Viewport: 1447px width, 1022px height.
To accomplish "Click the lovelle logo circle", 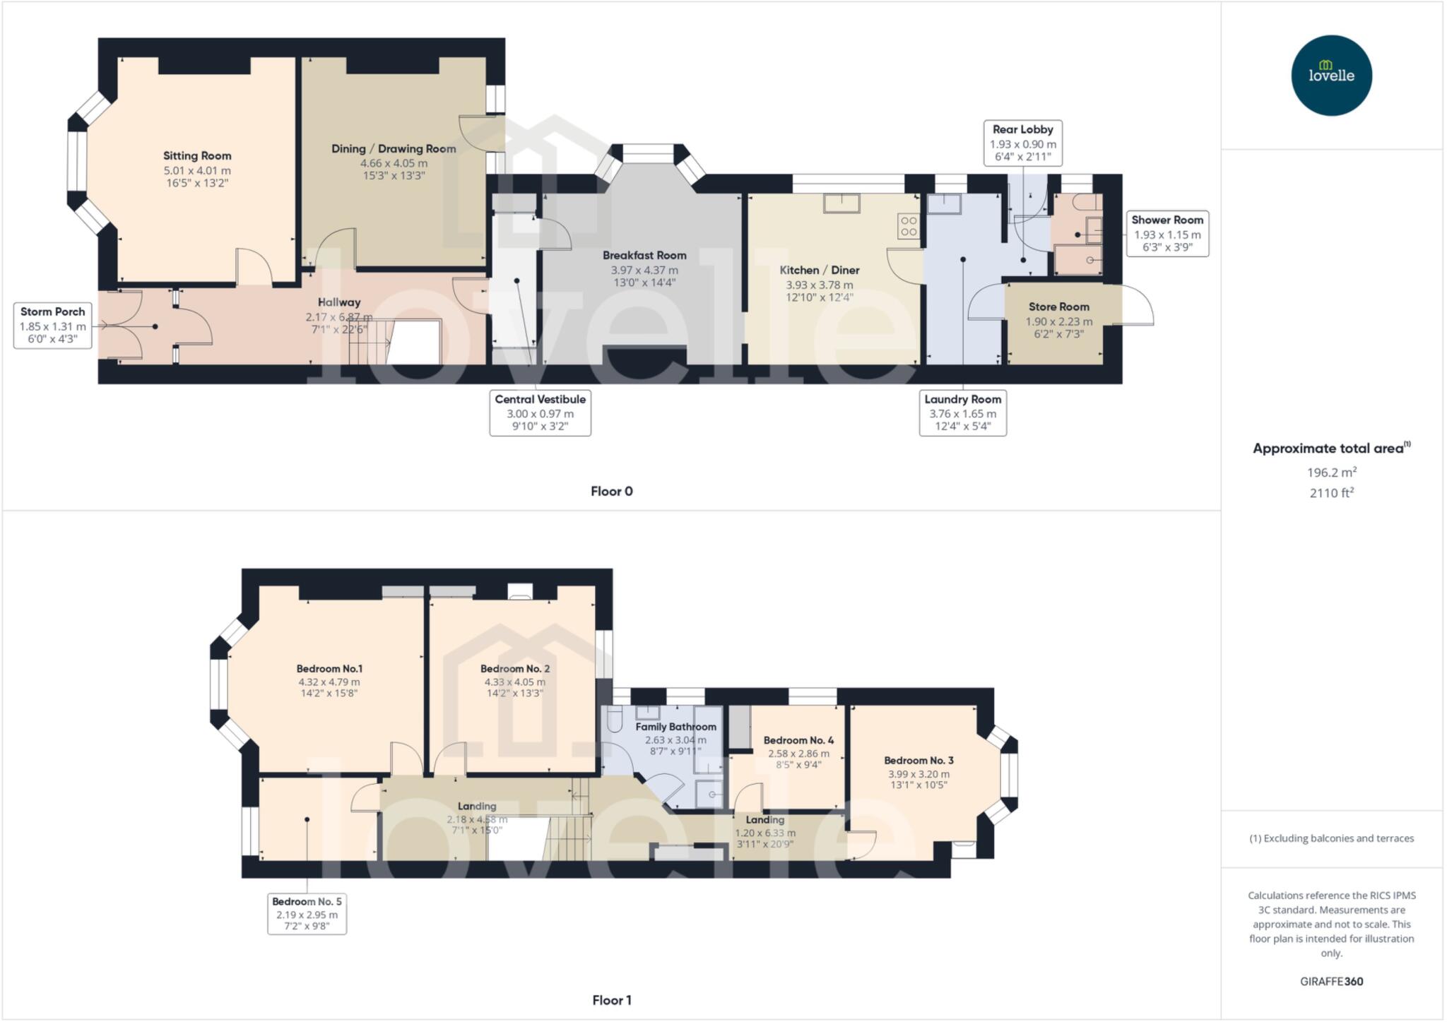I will click(1331, 76).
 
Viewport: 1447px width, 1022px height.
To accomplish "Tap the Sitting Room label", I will click(197, 156).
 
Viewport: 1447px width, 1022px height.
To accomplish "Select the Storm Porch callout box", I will click(53, 325).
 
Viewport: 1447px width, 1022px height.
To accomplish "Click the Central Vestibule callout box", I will click(540, 413).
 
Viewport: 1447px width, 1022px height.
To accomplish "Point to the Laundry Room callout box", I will click(962, 413).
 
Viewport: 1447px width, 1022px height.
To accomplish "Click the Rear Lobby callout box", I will click(1022, 143).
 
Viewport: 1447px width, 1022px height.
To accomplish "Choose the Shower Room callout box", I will click(1167, 233).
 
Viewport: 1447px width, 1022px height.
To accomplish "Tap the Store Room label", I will click(1058, 307).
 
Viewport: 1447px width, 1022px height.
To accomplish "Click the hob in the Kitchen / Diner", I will click(909, 226).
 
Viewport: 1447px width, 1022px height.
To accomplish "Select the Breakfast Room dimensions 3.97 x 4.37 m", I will click(644, 270).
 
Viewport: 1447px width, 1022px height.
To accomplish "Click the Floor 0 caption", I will click(612, 492).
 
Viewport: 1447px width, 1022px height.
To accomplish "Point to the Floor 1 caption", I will click(612, 1000).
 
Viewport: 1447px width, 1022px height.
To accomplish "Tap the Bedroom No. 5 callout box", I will click(307, 913).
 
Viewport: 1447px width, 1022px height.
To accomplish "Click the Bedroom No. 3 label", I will click(919, 761).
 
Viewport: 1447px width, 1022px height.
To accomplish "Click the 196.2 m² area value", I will click(1331, 473).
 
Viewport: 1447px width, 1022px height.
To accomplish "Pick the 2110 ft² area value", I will click(1331, 493).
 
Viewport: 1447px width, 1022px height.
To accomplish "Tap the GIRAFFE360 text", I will click(1331, 981).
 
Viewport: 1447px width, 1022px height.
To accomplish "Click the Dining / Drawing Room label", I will click(394, 149).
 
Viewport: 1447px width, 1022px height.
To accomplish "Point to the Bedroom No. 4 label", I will click(798, 740).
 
